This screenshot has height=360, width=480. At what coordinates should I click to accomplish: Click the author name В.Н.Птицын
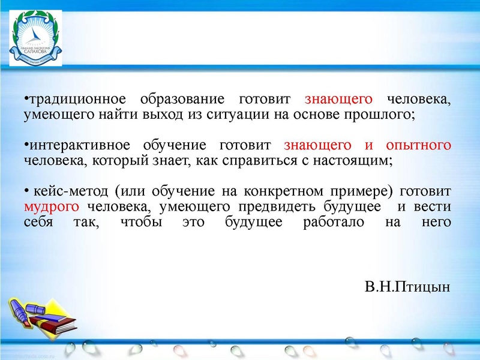tap(407, 286)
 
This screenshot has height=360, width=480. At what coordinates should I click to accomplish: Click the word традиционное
tap(76, 99)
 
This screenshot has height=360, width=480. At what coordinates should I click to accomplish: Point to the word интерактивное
tap(77, 146)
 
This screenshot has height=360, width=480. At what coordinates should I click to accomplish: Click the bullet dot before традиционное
tap(26, 99)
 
